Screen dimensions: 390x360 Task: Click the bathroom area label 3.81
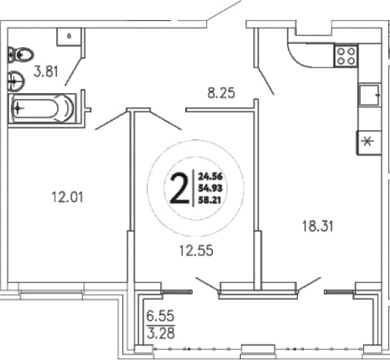click(46, 72)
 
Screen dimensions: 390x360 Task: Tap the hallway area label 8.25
click(221, 93)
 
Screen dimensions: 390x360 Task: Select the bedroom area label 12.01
click(68, 198)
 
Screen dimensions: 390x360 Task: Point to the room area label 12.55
click(196, 251)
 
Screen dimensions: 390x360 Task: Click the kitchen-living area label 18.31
click(318, 226)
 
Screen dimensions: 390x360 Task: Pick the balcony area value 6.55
click(161, 316)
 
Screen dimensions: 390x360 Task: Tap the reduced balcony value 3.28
click(161, 333)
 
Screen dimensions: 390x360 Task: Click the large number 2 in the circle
click(179, 188)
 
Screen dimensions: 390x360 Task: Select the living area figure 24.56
click(210, 176)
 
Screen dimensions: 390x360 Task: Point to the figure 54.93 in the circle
click(210, 188)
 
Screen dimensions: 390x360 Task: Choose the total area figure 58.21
click(210, 200)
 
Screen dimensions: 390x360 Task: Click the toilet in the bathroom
click(21, 55)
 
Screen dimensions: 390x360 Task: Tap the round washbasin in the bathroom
click(16, 82)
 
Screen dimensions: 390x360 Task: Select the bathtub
click(42, 108)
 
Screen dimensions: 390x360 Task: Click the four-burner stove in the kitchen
click(346, 56)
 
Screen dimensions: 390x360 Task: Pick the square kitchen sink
click(369, 95)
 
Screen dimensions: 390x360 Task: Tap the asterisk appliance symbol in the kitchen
click(368, 142)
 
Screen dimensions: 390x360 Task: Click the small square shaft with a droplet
click(69, 37)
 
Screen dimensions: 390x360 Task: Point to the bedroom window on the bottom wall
click(52, 292)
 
